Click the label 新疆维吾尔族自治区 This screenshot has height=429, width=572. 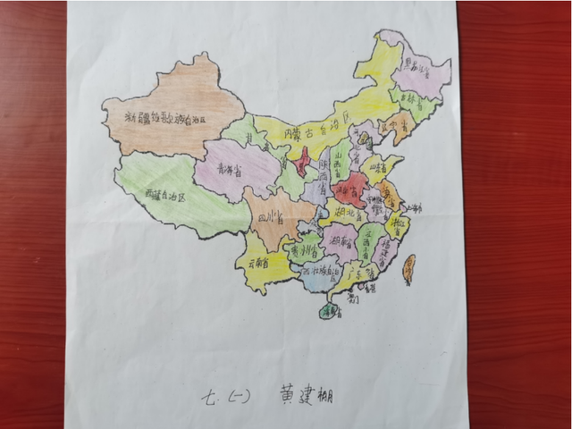point(164,119)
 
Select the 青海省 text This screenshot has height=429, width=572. point(232,167)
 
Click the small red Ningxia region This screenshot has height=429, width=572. point(302,162)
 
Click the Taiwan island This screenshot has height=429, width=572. point(409,268)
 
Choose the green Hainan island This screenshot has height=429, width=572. point(329,310)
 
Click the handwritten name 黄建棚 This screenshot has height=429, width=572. point(305,393)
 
